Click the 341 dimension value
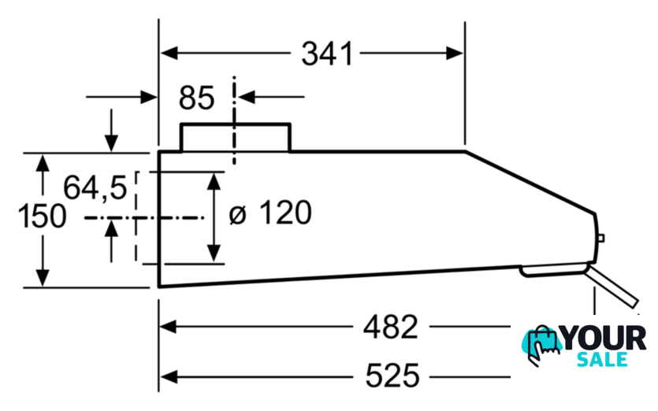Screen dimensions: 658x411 [327, 54]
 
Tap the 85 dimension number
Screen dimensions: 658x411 [196, 98]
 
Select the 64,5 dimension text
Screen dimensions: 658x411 [95, 187]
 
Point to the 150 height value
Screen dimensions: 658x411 [42, 216]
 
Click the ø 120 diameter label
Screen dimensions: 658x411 [270, 213]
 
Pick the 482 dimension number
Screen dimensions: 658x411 [391, 327]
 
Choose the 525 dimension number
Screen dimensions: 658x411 [392, 376]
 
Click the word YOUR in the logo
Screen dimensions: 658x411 [604, 338]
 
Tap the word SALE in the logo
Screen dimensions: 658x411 [602, 359]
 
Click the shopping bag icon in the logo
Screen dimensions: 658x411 [541, 345]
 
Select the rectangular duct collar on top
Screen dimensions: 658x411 [236, 137]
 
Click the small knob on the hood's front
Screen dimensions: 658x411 [600, 239]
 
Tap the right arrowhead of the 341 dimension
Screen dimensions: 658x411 [455, 54]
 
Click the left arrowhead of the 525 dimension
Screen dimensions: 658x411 [169, 377]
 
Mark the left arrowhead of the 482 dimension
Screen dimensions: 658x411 [168, 326]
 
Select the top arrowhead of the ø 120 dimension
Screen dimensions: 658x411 [214, 182]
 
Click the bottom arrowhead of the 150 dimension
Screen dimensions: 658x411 [43, 278]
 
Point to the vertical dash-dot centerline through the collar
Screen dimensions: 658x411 [234, 120]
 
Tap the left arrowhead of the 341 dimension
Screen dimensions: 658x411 [169, 54]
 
